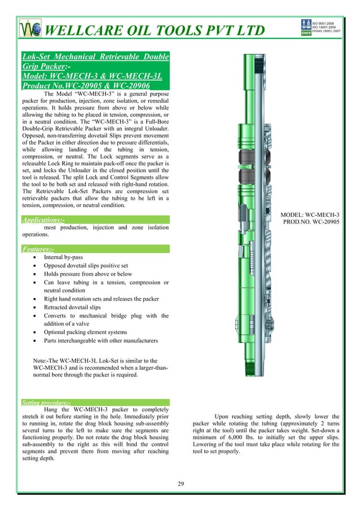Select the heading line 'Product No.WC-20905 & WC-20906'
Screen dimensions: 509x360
pos(82,86)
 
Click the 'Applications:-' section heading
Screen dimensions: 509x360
pos(43,220)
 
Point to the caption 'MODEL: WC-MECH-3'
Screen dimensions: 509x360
pos(310,214)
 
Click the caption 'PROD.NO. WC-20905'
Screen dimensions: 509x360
pos(310,223)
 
